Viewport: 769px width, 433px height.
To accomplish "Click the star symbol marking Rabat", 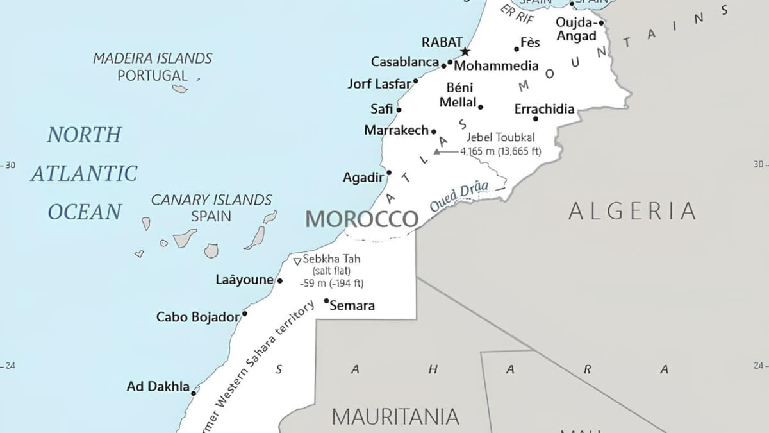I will pos(465,51).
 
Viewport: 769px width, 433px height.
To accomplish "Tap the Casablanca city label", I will pos(404,62).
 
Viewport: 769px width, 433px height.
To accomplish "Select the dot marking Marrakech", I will pos(433,132).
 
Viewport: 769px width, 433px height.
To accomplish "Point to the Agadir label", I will pos(363,178).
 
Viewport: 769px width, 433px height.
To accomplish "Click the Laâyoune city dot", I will pos(279,280).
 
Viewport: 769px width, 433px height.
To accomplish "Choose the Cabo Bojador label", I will pos(197,317).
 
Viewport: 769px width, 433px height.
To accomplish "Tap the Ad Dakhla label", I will pos(158,386).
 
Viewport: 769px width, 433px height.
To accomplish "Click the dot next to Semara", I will pos(326,301).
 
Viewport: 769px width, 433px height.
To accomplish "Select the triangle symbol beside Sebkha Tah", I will pos(297,260).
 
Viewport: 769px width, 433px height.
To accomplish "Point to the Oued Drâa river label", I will pos(459,196).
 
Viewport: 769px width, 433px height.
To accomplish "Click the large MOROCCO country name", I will pos(361,219).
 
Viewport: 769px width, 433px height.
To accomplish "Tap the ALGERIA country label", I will pos(632,211).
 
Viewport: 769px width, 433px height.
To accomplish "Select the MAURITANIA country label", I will pos(395,416).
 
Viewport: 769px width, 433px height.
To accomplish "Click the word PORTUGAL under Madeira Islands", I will pos(153,75).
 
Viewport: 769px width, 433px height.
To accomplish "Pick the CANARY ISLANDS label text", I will pos(211,200).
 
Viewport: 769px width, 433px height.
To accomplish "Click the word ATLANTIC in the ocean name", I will pos(84,173).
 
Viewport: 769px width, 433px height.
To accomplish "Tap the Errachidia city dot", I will pos(536,118).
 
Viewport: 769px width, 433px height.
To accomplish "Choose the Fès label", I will pos(530,42).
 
